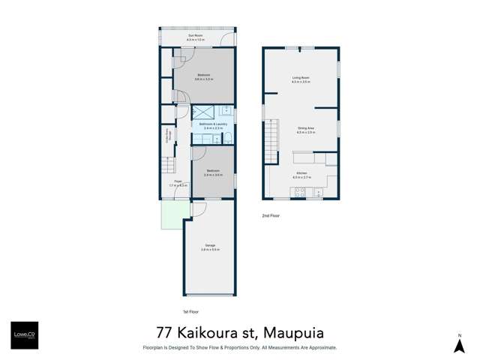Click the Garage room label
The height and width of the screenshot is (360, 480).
pos(209,247)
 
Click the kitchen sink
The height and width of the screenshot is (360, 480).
pos(319,193)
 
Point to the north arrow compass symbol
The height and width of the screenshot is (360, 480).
pos(460,343)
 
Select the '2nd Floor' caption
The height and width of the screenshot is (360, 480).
pos(271,216)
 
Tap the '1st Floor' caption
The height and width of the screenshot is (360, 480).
pos(190,311)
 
